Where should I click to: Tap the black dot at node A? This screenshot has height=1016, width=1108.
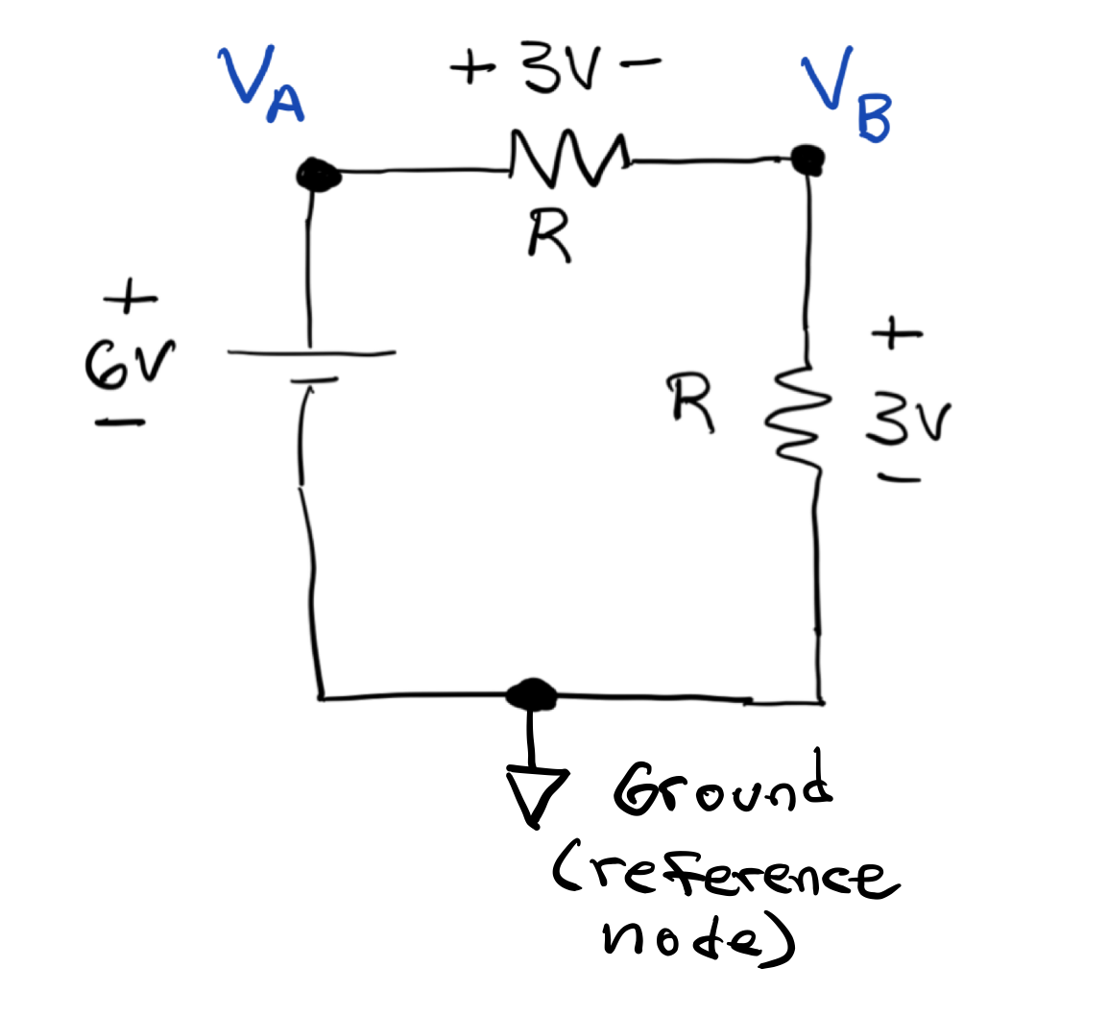coord(317,175)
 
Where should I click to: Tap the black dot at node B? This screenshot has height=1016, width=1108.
coord(808,157)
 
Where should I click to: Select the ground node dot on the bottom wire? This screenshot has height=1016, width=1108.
coord(531,692)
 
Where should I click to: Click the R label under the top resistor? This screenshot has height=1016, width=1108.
coord(550,236)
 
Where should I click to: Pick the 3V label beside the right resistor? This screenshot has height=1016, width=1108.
coord(906,423)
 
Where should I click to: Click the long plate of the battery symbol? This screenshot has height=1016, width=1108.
coord(311,353)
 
